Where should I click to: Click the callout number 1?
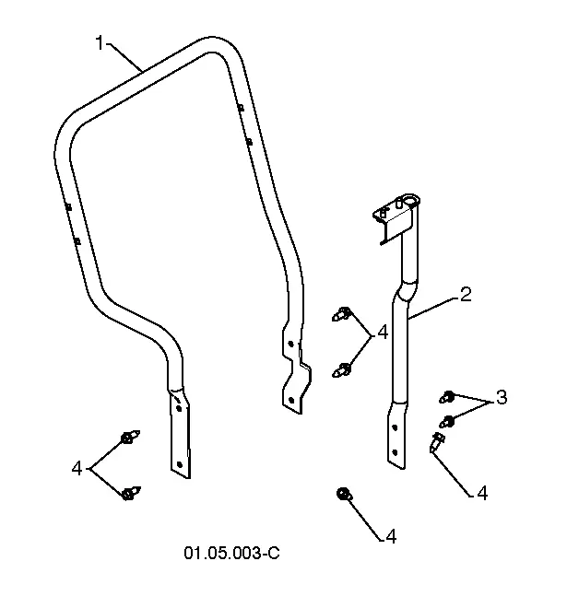pyautogui.click(x=100, y=43)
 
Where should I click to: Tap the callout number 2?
pyautogui.click(x=465, y=295)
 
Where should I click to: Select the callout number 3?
pyautogui.click(x=502, y=397)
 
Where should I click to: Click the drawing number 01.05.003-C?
pyautogui.click(x=231, y=553)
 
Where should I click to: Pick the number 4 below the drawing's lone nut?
pyautogui.click(x=391, y=537)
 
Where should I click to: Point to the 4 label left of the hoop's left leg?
pyautogui.click(x=77, y=468)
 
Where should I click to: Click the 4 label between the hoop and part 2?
pyautogui.click(x=383, y=333)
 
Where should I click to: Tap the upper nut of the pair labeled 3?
pyautogui.click(x=448, y=397)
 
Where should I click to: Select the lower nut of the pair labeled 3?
pyautogui.click(x=447, y=421)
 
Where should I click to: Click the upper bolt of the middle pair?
pyautogui.click(x=342, y=314)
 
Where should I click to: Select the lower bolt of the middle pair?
pyautogui.click(x=342, y=369)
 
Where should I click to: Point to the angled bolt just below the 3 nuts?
pyautogui.click(x=437, y=442)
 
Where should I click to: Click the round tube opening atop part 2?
pyautogui.click(x=410, y=200)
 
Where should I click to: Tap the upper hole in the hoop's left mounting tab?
pyautogui.click(x=179, y=408)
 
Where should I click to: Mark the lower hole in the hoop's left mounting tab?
pyautogui.click(x=179, y=464)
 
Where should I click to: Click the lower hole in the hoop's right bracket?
pyautogui.click(x=292, y=400)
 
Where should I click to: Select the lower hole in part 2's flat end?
pyautogui.click(x=396, y=452)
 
